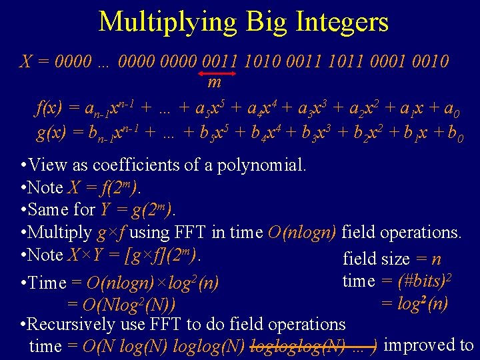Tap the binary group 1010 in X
(261, 62)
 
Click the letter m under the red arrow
(214, 83)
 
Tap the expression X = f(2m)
(103, 187)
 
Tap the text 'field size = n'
(391, 259)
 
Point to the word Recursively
(72, 325)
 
